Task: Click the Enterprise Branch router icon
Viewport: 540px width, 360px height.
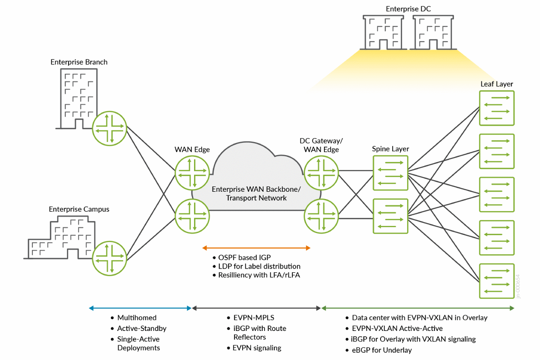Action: pos(110,129)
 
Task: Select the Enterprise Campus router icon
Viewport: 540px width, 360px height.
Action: pos(110,258)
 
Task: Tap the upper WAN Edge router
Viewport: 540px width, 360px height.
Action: pos(192,173)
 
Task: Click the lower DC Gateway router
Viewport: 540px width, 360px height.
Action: pos(321,216)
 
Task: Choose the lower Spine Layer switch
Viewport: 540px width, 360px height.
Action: pos(390,216)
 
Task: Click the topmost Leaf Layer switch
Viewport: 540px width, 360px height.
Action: pos(497,108)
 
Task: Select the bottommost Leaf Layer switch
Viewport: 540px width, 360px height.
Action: pos(497,281)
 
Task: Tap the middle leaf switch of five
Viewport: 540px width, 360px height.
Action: pos(497,194)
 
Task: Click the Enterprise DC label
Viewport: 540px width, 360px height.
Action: pos(408,9)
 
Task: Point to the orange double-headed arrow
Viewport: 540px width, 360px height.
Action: pos(256,248)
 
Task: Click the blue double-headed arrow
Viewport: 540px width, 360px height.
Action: pos(140,308)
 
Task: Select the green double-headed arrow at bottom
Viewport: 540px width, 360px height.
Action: pos(418,308)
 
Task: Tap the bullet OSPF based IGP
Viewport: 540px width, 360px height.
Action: pos(244,258)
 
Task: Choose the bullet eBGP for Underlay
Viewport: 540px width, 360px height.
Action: pos(382,350)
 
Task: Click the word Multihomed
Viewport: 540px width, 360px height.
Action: pos(137,318)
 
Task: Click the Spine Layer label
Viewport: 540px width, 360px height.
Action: pos(390,149)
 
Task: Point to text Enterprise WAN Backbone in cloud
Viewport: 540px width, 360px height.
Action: pos(256,189)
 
